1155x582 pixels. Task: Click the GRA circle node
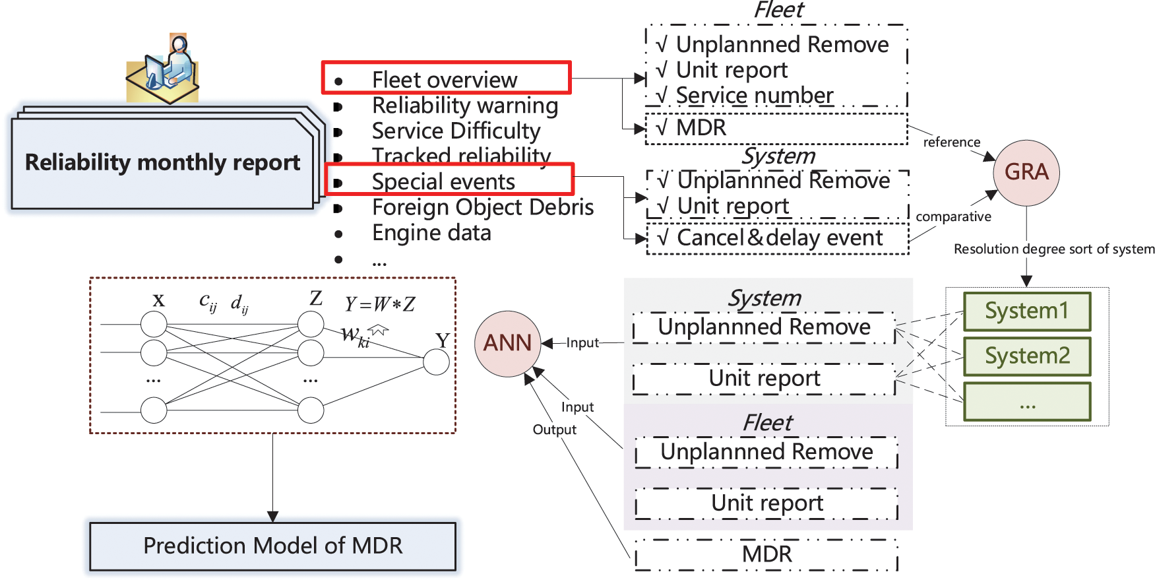click(1026, 172)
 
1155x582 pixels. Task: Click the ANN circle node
click(507, 343)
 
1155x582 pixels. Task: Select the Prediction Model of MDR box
click(272, 546)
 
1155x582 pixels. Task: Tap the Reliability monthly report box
click(162, 163)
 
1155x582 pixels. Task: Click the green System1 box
click(1026, 311)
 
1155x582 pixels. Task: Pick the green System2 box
click(1026, 356)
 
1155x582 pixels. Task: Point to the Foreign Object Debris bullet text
click(482, 207)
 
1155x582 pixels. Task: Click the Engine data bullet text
click(431, 233)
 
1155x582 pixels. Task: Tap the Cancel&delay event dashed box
click(778, 238)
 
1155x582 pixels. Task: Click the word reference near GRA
click(951, 143)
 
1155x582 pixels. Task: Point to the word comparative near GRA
click(953, 217)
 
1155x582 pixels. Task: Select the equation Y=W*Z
click(380, 304)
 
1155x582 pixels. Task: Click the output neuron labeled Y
click(436, 362)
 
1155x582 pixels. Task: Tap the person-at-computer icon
click(163, 69)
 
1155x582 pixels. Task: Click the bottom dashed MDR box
click(766, 555)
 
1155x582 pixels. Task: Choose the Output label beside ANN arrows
click(554, 430)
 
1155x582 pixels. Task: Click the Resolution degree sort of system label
click(1053, 249)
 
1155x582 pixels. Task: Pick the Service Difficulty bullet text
click(456, 131)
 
